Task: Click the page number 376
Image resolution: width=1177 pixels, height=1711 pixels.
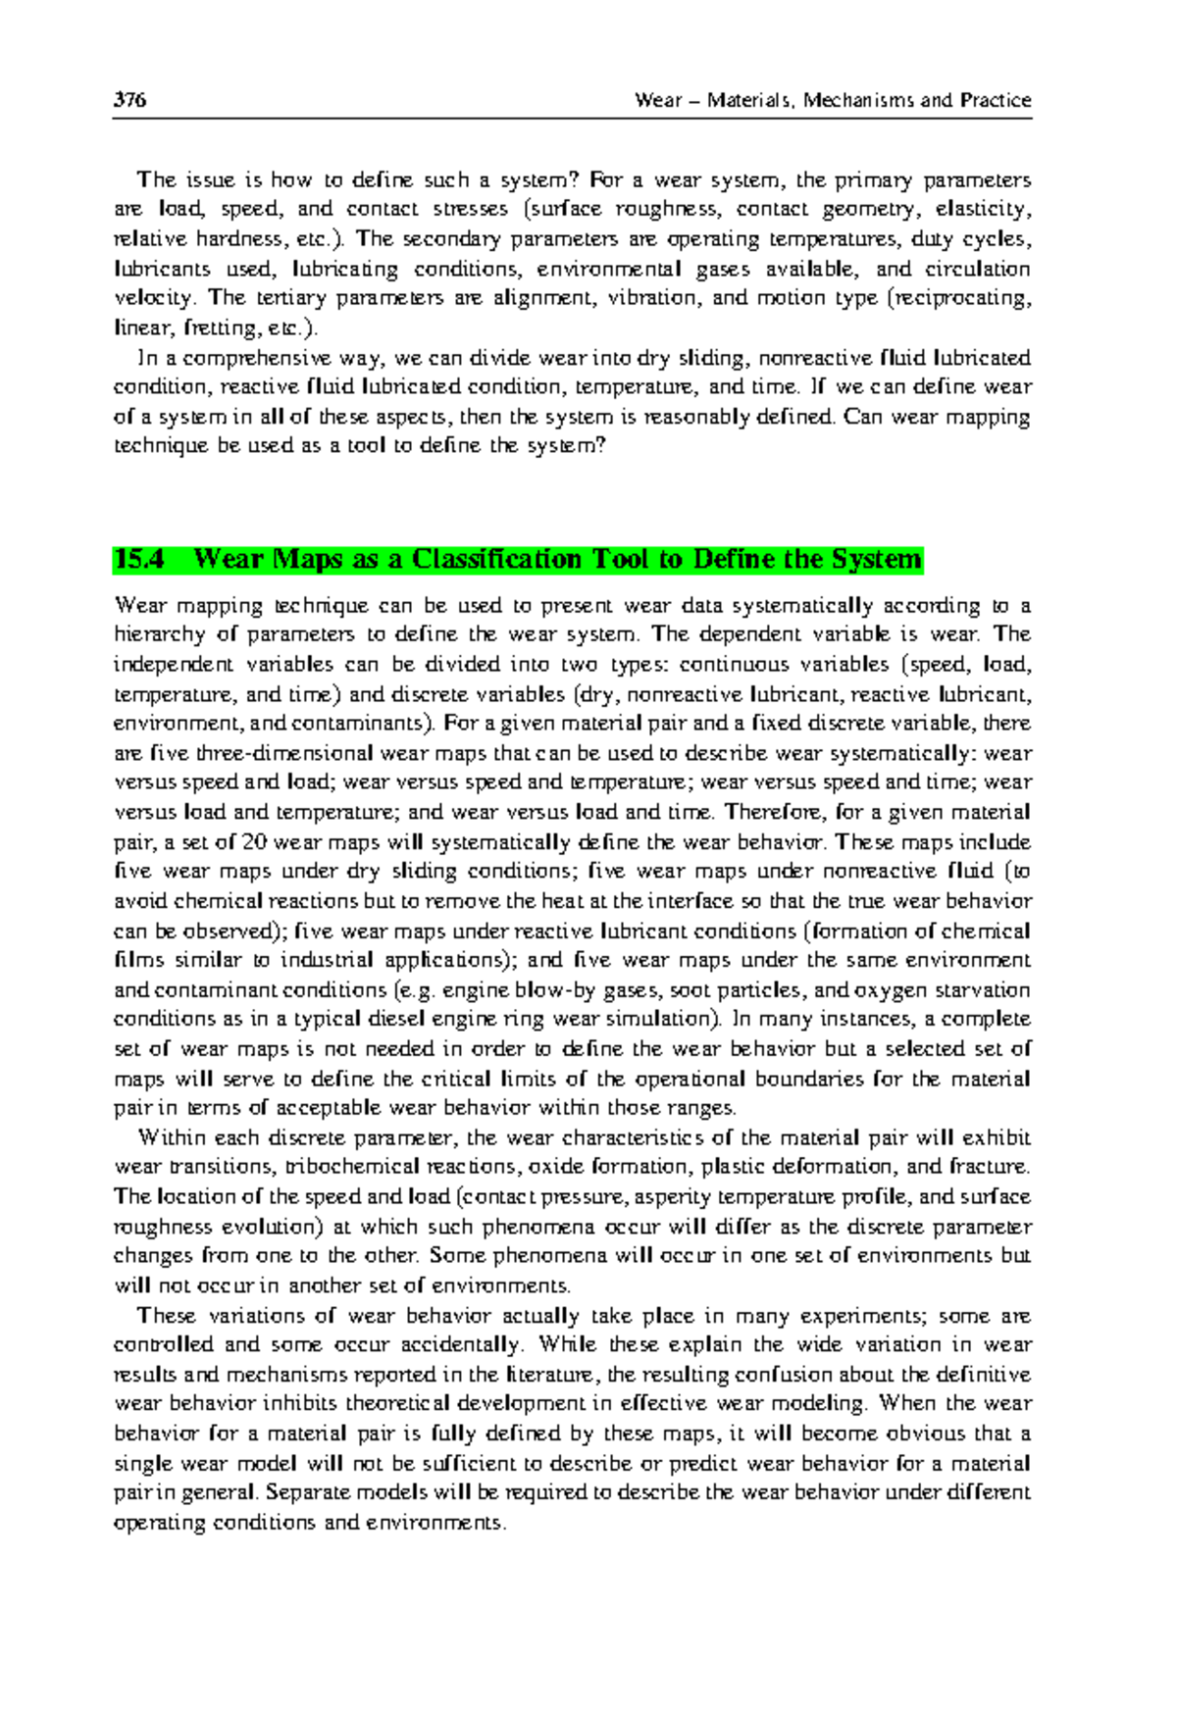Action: (129, 100)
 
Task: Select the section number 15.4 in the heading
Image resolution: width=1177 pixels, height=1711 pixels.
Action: (138, 560)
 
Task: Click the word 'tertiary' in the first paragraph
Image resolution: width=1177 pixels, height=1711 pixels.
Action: (290, 298)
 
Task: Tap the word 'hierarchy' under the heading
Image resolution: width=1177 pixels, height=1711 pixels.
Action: (160, 634)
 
